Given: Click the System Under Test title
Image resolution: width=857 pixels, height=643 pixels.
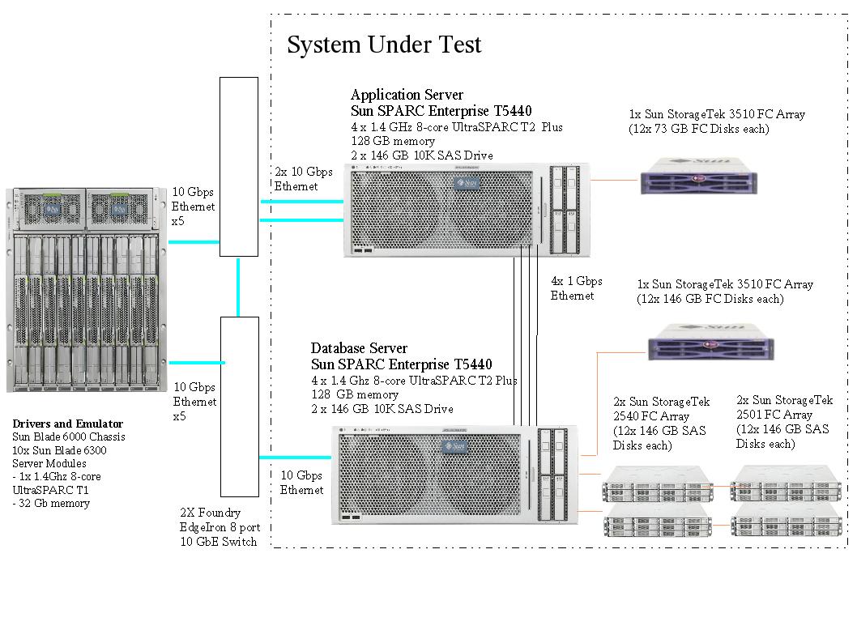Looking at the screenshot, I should click(x=384, y=45).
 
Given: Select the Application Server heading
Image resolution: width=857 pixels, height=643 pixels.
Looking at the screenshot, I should click(x=407, y=96).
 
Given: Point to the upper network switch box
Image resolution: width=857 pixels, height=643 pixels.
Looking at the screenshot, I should click(x=239, y=166).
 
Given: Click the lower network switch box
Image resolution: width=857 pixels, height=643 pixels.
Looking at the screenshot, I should click(x=239, y=406).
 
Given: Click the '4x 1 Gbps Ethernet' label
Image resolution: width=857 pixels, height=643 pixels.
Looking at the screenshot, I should click(x=576, y=288).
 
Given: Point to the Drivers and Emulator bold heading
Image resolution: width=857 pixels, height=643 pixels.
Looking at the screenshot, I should click(x=68, y=424).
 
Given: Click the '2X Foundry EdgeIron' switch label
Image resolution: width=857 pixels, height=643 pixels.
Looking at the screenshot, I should click(x=218, y=527).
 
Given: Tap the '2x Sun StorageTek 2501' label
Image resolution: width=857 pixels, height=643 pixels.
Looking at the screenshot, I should click(x=784, y=422).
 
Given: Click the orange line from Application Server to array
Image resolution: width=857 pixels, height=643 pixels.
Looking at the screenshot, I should click(x=613, y=179).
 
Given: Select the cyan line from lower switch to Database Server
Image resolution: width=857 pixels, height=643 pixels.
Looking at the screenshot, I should click(x=296, y=458).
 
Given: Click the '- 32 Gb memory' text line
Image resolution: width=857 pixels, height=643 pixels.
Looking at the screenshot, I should click(x=51, y=503).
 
